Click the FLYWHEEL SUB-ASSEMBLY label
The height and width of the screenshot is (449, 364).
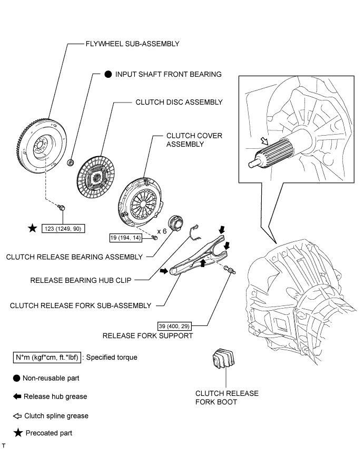point(133,44)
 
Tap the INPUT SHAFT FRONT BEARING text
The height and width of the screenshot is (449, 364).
point(169,75)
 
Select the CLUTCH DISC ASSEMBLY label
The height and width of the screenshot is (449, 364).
point(179,102)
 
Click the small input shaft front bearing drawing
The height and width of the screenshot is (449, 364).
point(70,162)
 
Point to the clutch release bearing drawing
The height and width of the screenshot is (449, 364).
point(175,222)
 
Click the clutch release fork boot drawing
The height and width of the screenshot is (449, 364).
point(223,358)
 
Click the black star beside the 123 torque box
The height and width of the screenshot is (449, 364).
point(33,229)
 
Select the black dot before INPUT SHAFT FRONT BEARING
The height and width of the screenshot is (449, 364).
point(108,75)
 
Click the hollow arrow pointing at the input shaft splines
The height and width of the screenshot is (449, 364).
point(264,141)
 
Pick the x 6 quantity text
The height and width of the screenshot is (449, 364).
point(162,231)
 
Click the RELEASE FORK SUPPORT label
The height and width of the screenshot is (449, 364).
point(147,335)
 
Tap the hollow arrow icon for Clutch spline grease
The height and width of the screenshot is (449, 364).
point(17,416)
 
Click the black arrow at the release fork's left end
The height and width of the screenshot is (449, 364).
point(164,271)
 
